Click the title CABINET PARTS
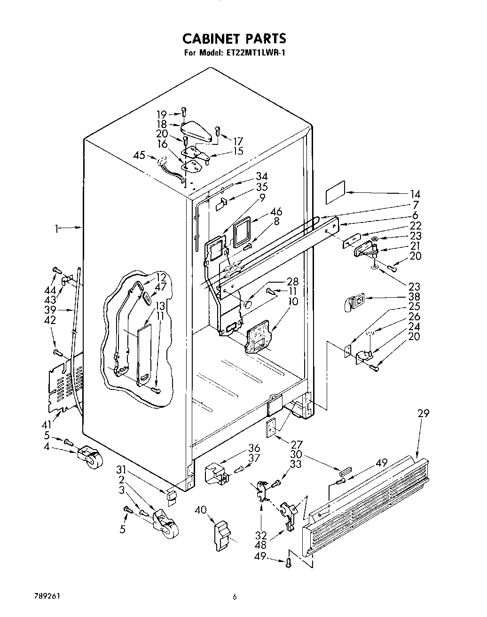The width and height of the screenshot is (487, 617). click(x=234, y=38)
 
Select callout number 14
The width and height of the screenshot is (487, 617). click(x=415, y=194)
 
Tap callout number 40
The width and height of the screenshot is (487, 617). click(x=200, y=510)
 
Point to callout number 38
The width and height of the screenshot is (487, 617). click(x=415, y=297)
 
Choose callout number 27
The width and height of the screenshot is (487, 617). click(x=297, y=444)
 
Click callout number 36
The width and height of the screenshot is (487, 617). click(x=254, y=448)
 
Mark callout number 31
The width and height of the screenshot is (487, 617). click(x=122, y=469)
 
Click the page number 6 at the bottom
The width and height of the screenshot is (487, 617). click(x=234, y=598)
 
